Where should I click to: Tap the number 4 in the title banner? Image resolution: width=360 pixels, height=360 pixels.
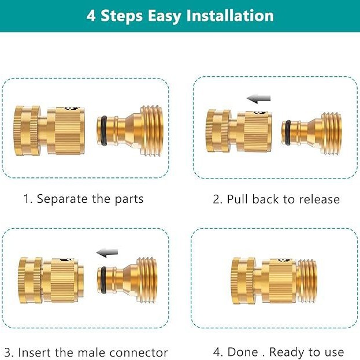coord(91,16)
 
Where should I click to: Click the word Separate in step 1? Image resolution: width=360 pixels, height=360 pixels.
coord(62,199)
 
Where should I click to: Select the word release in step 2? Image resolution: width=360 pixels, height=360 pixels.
coord(320,199)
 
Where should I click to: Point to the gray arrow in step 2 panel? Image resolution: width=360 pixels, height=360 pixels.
coord(258,99)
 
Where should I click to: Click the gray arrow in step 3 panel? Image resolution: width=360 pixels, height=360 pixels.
coord(107,253)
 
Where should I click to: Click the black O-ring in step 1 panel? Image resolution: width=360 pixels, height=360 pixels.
coord(104,131)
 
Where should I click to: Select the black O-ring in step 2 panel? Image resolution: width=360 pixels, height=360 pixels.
coord(288,133)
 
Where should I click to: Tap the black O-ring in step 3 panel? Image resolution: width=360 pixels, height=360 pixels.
coord(103,280)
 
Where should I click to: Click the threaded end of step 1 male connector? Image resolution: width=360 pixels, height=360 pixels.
coord(152,131)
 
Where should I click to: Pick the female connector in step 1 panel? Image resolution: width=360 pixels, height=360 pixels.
coord(49,131)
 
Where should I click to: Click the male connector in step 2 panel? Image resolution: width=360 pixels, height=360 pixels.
coord(311,133)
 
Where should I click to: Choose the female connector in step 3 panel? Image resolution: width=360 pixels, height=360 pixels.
coord(51,281)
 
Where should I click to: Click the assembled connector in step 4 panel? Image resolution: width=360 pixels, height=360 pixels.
coord(274,281)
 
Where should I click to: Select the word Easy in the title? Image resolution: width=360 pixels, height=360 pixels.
coord(164,16)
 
